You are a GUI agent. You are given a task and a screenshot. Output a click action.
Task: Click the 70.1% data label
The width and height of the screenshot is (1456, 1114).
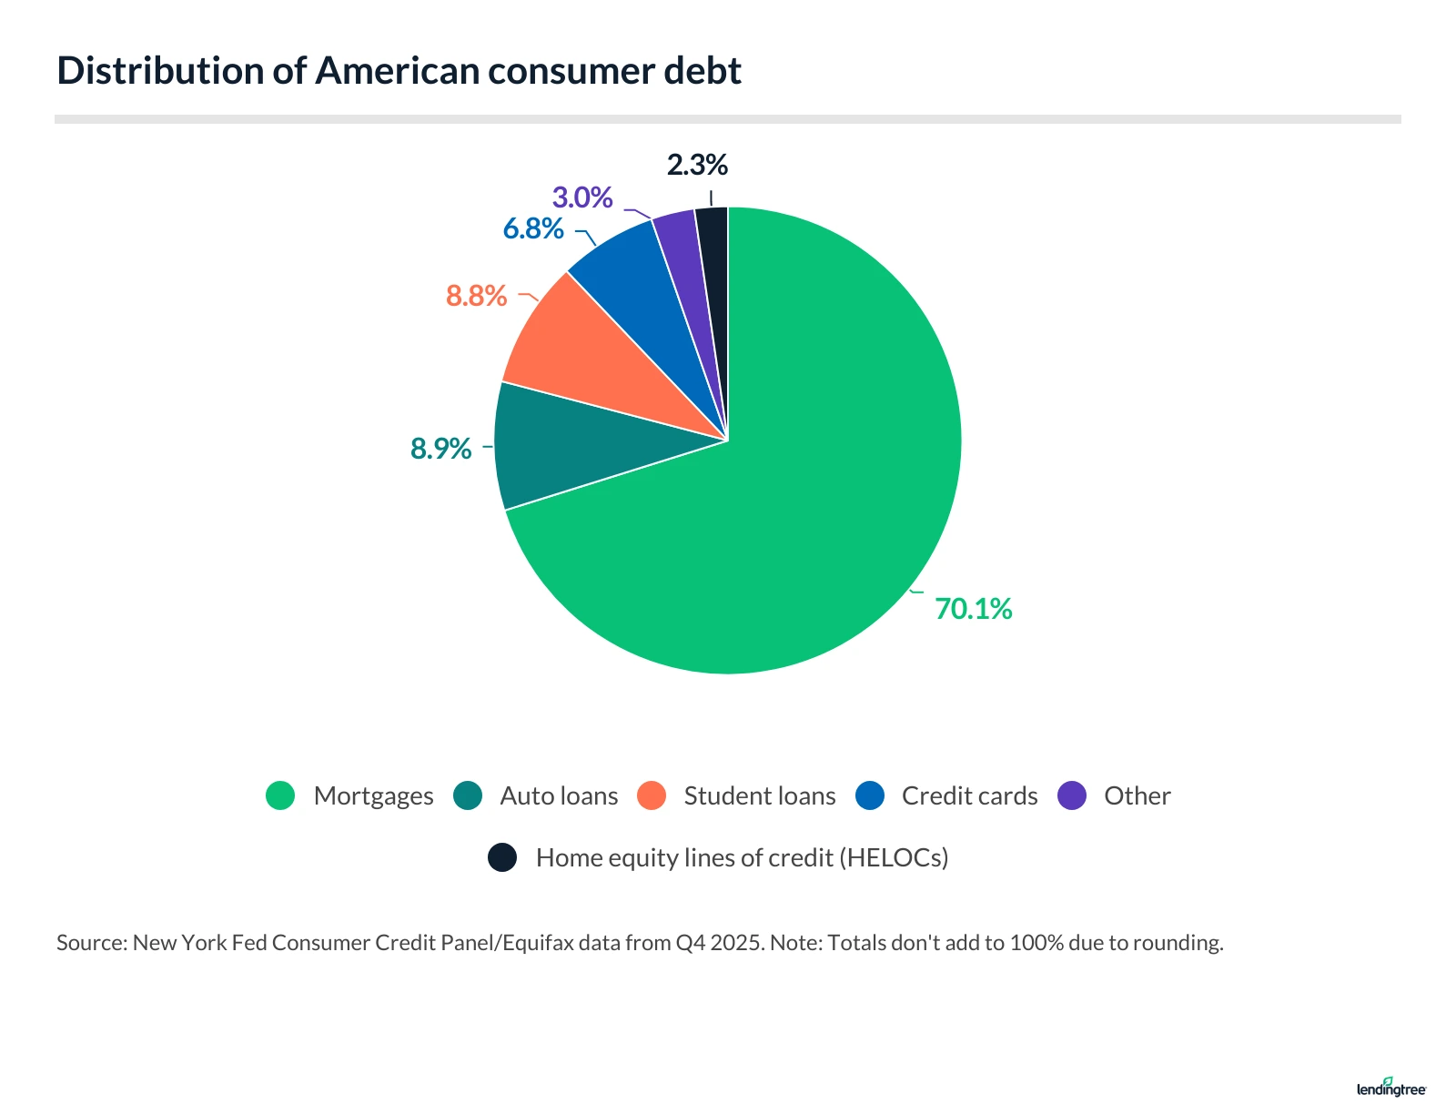click(x=973, y=609)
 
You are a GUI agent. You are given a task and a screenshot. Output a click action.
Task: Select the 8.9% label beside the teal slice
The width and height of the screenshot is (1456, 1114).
click(x=440, y=449)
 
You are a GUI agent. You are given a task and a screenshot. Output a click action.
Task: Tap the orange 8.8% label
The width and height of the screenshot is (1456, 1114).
click(x=476, y=296)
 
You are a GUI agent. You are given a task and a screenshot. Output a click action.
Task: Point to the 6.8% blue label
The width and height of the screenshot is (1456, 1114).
click(x=533, y=228)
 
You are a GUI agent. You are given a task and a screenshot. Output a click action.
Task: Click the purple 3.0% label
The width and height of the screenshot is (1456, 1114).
click(x=582, y=197)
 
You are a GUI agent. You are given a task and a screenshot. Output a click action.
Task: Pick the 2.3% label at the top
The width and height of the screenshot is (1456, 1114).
click(x=697, y=166)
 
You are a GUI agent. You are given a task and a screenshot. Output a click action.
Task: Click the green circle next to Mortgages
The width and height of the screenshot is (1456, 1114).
click(x=280, y=795)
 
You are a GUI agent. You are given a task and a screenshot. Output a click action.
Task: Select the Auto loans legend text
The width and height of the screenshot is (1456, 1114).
click(x=559, y=795)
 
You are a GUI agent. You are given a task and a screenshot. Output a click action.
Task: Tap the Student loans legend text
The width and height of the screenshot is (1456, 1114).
click(x=759, y=795)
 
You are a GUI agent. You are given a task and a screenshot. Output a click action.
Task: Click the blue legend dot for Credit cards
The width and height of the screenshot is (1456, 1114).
click(x=871, y=795)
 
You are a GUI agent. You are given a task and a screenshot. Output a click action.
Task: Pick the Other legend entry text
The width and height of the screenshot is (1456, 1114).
click(x=1137, y=795)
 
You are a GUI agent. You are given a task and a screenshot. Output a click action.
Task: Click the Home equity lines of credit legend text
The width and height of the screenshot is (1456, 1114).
click(x=742, y=857)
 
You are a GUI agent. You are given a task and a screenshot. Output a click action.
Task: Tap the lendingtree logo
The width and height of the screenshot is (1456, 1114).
click(x=1390, y=1088)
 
